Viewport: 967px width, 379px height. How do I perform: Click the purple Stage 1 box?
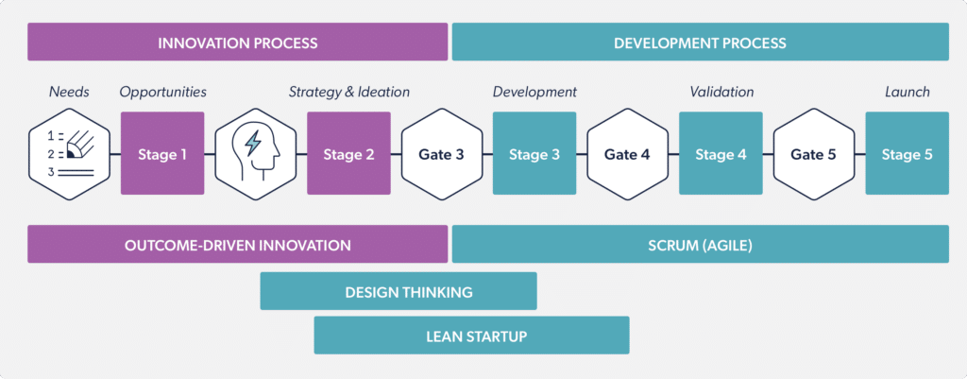pyautogui.click(x=162, y=154)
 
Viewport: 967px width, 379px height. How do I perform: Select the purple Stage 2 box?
pyautogui.click(x=348, y=154)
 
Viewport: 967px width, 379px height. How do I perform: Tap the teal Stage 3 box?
pyautogui.click(x=534, y=154)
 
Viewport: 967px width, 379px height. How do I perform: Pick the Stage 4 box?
pyautogui.click(x=721, y=154)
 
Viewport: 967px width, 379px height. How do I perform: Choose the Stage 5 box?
pyautogui.click(x=907, y=154)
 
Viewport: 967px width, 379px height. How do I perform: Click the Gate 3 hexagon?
pyautogui.click(x=441, y=154)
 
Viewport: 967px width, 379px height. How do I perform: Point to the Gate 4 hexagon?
pyautogui.click(x=627, y=154)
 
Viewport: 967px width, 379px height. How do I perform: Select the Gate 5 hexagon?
pyautogui.click(x=813, y=154)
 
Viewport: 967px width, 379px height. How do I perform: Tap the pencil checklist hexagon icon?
pyautogui.click(x=69, y=154)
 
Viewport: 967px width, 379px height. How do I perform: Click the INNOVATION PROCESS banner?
pyautogui.click(x=237, y=43)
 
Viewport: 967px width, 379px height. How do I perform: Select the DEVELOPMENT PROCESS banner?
pyautogui.click(x=700, y=43)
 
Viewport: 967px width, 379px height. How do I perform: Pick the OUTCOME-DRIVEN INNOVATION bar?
pyautogui.click(x=237, y=245)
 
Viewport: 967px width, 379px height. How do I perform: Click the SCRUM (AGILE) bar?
pyautogui.click(x=700, y=245)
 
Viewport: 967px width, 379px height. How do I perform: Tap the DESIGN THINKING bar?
pyautogui.click(x=398, y=292)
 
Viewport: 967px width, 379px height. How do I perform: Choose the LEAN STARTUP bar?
pyautogui.click(x=470, y=336)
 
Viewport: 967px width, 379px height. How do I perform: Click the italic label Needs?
pyautogui.click(x=69, y=92)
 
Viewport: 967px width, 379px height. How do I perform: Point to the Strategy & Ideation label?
pyautogui.click(x=348, y=92)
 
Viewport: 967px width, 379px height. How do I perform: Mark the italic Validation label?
pyautogui.click(x=721, y=92)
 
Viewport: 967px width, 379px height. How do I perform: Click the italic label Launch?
pyautogui.click(x=907, y=92)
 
